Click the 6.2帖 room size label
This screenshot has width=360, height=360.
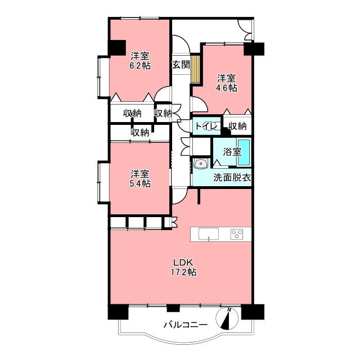point(140,66)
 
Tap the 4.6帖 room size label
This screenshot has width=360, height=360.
point(227,88)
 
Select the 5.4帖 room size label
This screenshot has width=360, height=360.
point(140,184)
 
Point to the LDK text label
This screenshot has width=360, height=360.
point(184,262)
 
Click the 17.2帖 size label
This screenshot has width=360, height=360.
point(183,272)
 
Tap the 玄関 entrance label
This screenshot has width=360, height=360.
point(181,65)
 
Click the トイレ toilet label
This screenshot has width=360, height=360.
point(206,126)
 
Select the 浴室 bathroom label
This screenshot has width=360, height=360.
point(232,152)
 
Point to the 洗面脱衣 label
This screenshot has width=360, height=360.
point(232,178)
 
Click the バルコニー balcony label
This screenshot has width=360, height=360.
point(186,325)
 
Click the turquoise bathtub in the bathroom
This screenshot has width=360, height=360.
point(244,152)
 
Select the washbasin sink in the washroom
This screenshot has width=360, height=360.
point(201,164)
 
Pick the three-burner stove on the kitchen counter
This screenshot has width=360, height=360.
point(236,234)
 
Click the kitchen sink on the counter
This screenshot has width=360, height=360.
point(209,234)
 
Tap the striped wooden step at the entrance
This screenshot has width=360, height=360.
point(196,69)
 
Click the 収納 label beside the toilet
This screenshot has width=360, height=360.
point(237,126)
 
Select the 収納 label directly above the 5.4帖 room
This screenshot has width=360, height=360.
point(140,132)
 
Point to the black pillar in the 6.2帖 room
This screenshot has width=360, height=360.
point(117,48)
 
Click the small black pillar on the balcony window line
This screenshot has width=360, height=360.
point(173,308)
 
